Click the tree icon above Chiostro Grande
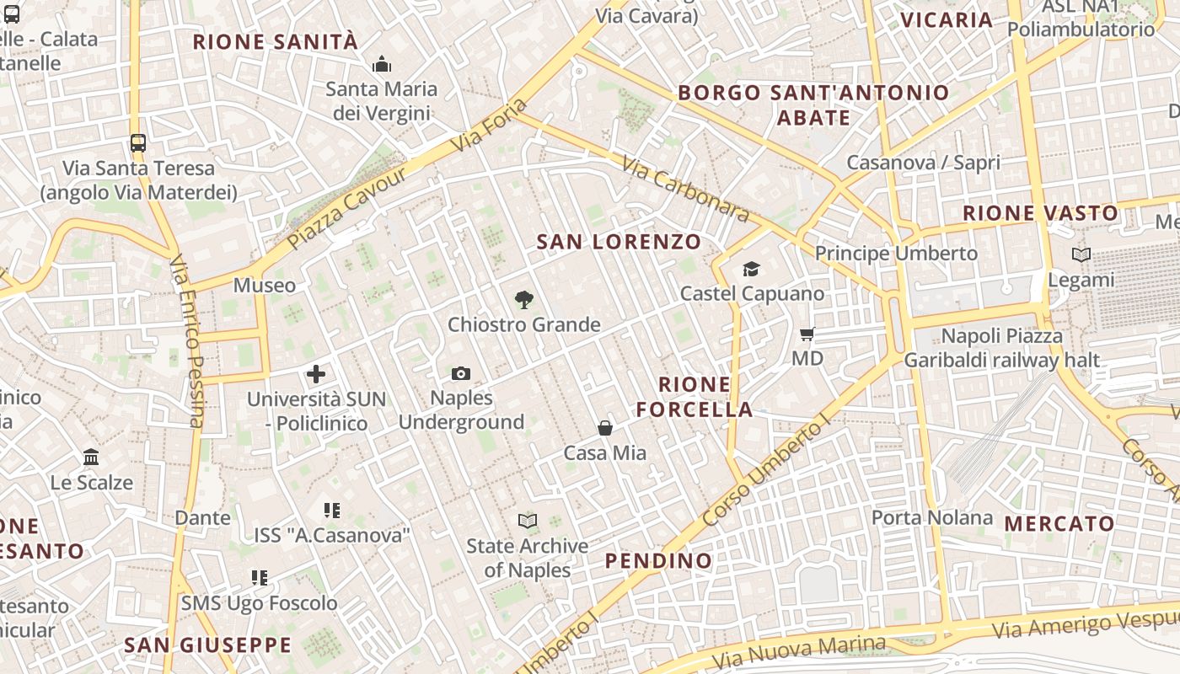coord(524,299)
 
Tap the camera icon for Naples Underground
coord(461,373)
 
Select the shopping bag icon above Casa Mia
coord(605,428)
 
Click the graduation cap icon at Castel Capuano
coord(751,269)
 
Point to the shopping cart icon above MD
coord(807,334)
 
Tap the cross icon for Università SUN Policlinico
coord(316,374)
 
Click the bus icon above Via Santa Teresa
coord(138,142)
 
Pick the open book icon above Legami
coord(1081,254)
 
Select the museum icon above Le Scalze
coord(91,457)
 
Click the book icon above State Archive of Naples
coord(528,521)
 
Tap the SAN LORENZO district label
coord(619,242)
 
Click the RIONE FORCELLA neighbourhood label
coord(695,397)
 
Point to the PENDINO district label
coord(658,560)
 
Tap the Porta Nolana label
coord(931,517)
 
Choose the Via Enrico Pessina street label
coord(187,341)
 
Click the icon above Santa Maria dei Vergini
coord(382,65)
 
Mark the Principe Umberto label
coord(896,253)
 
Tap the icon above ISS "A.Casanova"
coord(331,510)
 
